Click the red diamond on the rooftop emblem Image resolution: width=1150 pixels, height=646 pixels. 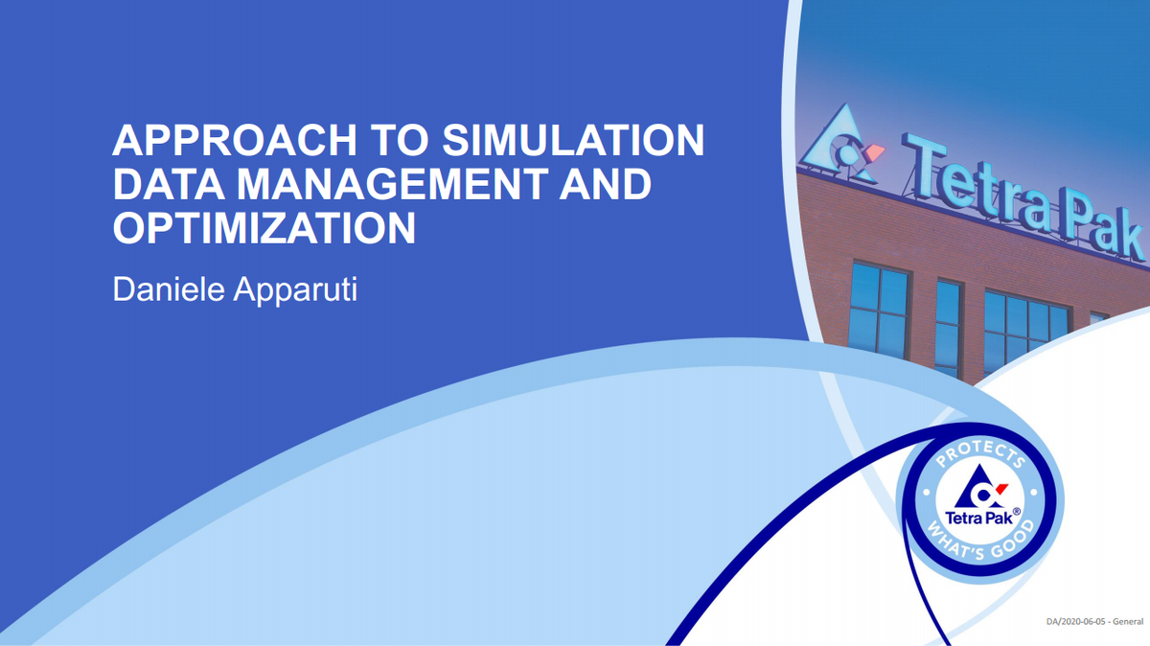click(874, 153)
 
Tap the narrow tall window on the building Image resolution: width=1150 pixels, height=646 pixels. click(948, 326)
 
